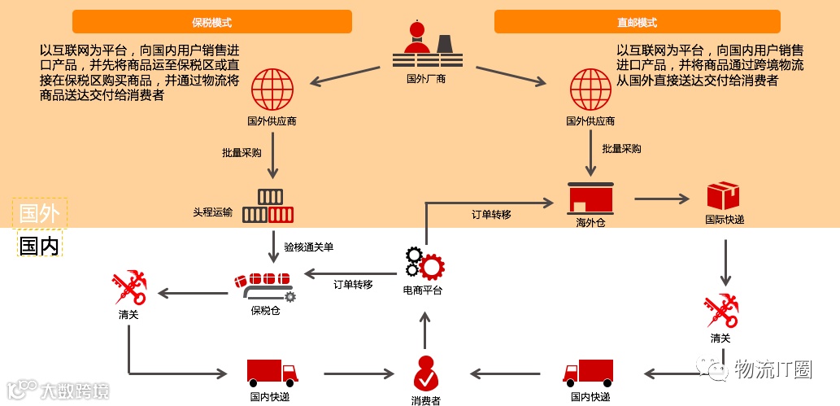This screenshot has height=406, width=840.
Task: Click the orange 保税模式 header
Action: [211, 22]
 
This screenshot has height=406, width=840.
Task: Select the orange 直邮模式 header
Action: [637, 22]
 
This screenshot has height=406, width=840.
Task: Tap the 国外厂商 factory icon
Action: [426, 46]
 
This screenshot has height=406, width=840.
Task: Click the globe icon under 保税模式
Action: [272, 90]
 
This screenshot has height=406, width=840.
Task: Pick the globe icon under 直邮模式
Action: [590, 90]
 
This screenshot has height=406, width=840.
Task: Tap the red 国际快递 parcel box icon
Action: [723, 196]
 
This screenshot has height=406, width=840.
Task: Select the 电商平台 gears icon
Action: [424, 263]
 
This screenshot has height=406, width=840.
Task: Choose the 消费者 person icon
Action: [425, 373]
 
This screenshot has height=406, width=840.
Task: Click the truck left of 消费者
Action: [272, 373]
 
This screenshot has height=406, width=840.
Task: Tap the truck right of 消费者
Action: [588, 373]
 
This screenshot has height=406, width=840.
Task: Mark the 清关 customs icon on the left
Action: [128, 289]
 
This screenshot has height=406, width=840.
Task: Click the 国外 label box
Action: [39, 213]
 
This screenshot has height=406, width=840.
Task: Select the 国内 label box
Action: [39, 245]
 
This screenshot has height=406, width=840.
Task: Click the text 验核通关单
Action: [308, 245]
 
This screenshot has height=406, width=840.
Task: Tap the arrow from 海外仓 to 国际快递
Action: [661, 198]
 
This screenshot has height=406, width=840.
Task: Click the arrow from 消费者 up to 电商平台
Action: [424, 327]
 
